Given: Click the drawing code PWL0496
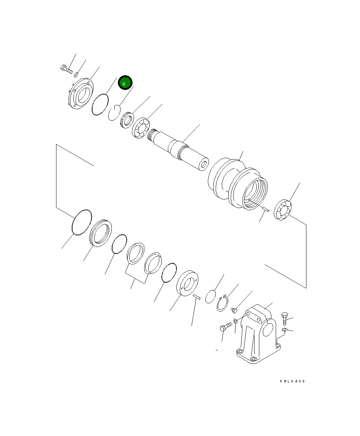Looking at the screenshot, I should pyautogui.click(x=292, y=381).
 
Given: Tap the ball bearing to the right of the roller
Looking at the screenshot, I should pyautogui.click(x=284, y=211).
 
